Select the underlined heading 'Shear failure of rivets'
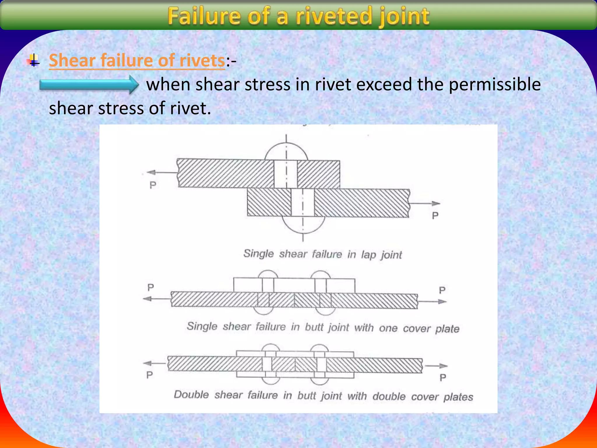[137, 60]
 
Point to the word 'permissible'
[494, 85]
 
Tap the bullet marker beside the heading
[34, 60]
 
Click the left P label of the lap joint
[153, 185]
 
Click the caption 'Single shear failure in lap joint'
[322, 254]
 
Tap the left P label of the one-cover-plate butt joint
[150, 288]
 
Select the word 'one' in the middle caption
[388, 328]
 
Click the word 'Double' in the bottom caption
[191, 395]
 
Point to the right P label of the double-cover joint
[443, 378]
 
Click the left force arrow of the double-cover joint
[154, 363]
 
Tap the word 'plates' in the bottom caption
[458, 397]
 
